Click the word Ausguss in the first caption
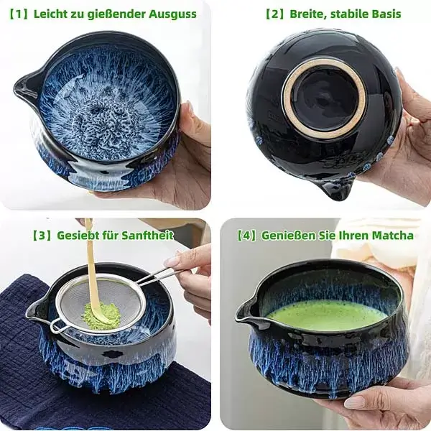click(x=172, y=14)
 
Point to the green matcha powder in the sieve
click(x=101, y=315)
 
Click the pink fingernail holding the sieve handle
click(x=172, y=261)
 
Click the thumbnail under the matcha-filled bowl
click(x=353, y=403)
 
